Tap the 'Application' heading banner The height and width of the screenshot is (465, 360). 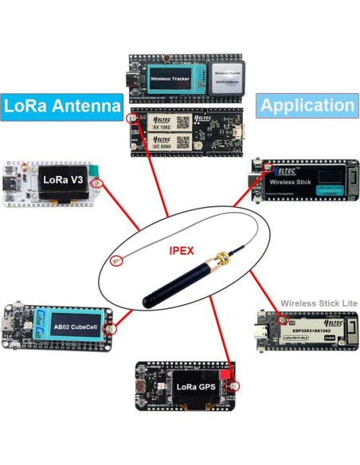pos(307,105)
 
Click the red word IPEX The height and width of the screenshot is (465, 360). pos(180,249)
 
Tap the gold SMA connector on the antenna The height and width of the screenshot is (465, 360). pos(216,260)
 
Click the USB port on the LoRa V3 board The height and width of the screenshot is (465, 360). pos(12,182)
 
